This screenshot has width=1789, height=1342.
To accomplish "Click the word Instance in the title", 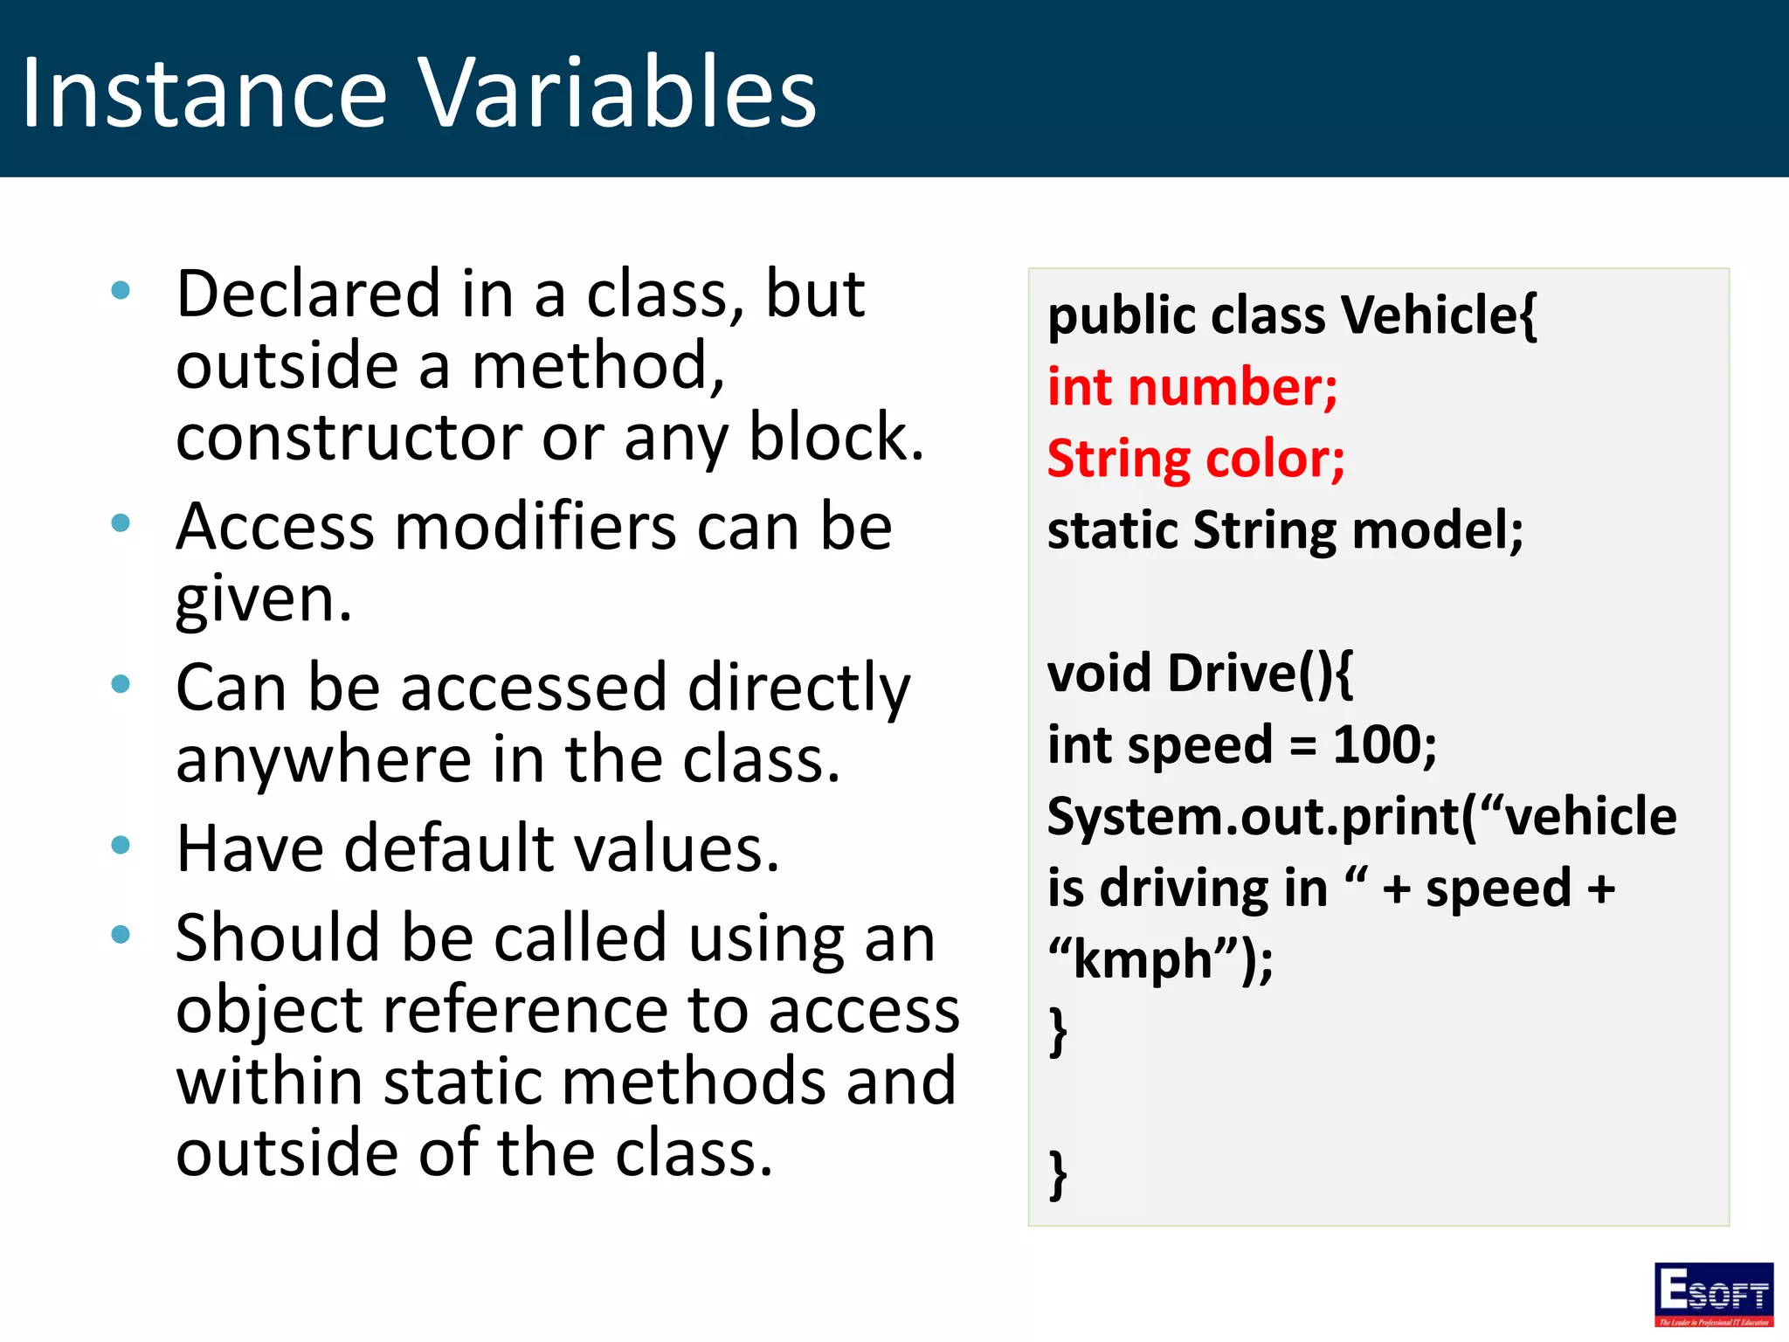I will coord(204,93).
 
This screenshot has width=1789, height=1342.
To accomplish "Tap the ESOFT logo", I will coord(1713,1294).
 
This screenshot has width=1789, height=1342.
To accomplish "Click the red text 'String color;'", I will coord(1195,460).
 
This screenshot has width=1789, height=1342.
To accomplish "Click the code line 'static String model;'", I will coord(1285,530).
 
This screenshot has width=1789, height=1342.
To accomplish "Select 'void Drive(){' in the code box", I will coord(1199,674).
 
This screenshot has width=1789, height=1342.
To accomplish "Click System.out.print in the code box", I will coord(1254,817).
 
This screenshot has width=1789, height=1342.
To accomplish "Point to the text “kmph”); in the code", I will coord(1160,960).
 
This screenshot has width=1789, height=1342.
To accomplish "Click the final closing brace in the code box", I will coord(1058,1175).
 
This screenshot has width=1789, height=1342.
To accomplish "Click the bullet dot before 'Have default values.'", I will coord(121,845).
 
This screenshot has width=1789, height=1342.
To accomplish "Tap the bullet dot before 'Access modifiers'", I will coord(121,523).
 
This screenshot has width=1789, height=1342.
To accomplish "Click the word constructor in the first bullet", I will coord(347,437).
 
